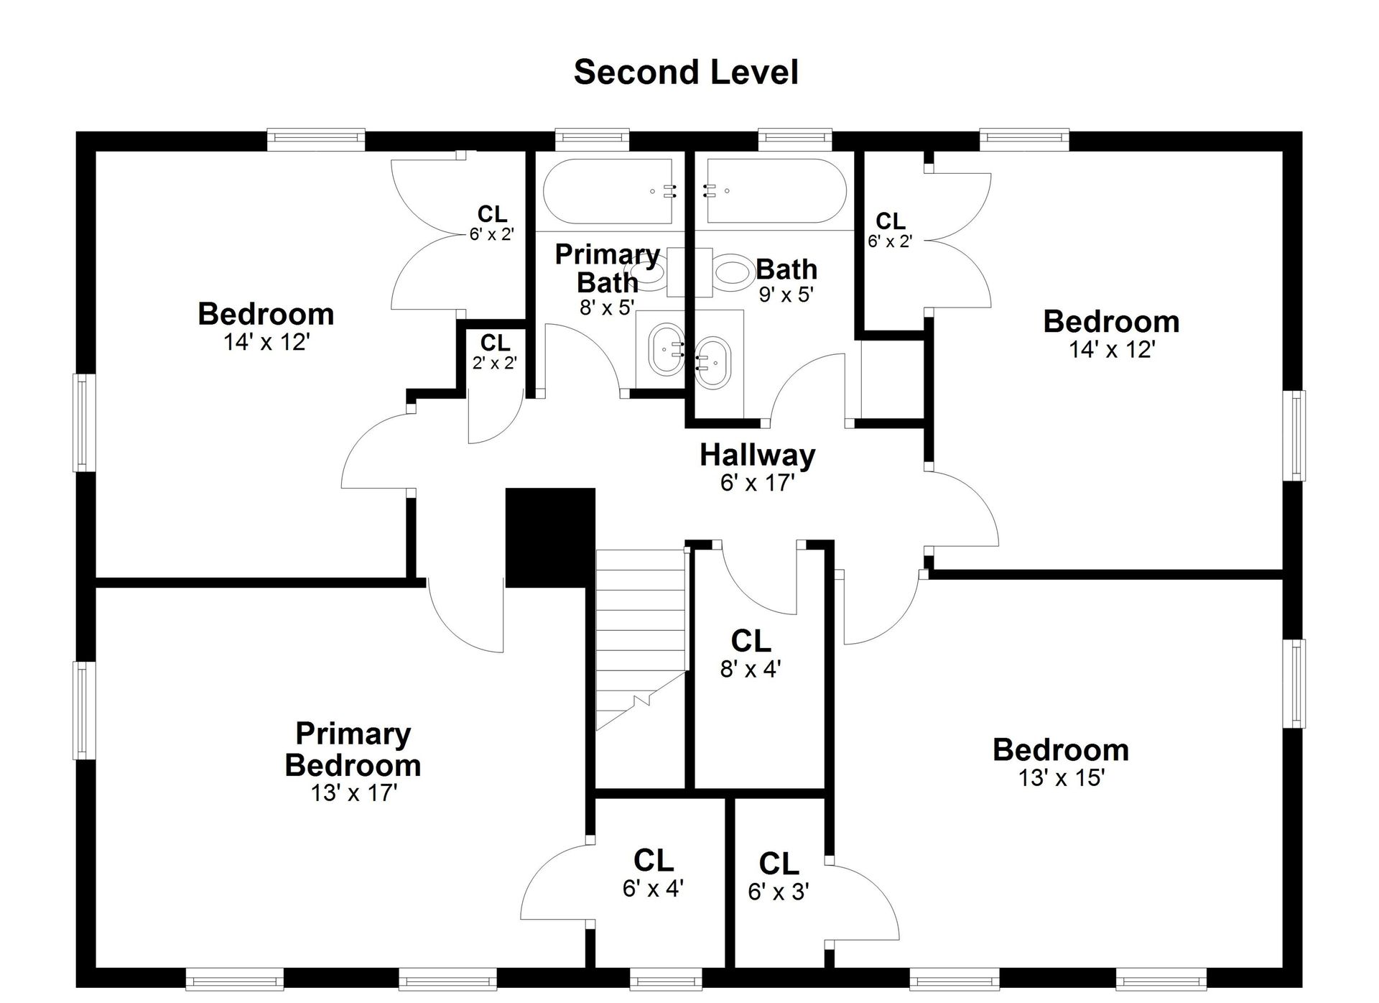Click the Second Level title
[686, 73]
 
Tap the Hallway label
[758, 455]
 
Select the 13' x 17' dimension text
[354, 792]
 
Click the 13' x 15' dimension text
[1061, 777]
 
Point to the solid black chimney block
[550, 537]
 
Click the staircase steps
[641, 639]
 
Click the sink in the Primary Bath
[666, 349]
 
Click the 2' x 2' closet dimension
[495, 363]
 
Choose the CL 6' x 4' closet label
[653, 873]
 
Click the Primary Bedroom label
[353, 749]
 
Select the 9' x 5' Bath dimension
[786, 294]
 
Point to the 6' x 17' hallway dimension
[758, 483]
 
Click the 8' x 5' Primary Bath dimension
[608, 308]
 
